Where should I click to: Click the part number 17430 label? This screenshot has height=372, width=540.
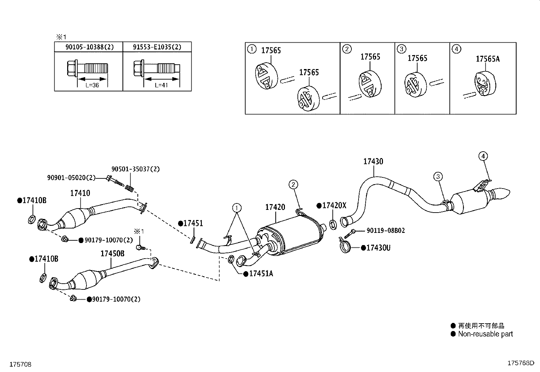click(x=373, y=161)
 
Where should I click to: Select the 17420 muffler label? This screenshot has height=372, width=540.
click(x=275, y=207)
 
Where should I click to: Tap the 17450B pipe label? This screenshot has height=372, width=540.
click(x=112, y=254)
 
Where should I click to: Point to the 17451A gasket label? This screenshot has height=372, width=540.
click(x=261, y=274)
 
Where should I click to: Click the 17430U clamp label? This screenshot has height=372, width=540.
click(x=378, y=248)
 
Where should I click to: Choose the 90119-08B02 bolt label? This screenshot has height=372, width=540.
click(x=386, y=231)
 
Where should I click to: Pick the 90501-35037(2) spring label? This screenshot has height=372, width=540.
click(x=135, y=169)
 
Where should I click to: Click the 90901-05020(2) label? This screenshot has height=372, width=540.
click(x=71, y=178)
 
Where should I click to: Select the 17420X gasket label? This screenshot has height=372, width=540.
click(x=334, y=205)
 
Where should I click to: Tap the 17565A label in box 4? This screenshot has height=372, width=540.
click(x=488, y=59)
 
